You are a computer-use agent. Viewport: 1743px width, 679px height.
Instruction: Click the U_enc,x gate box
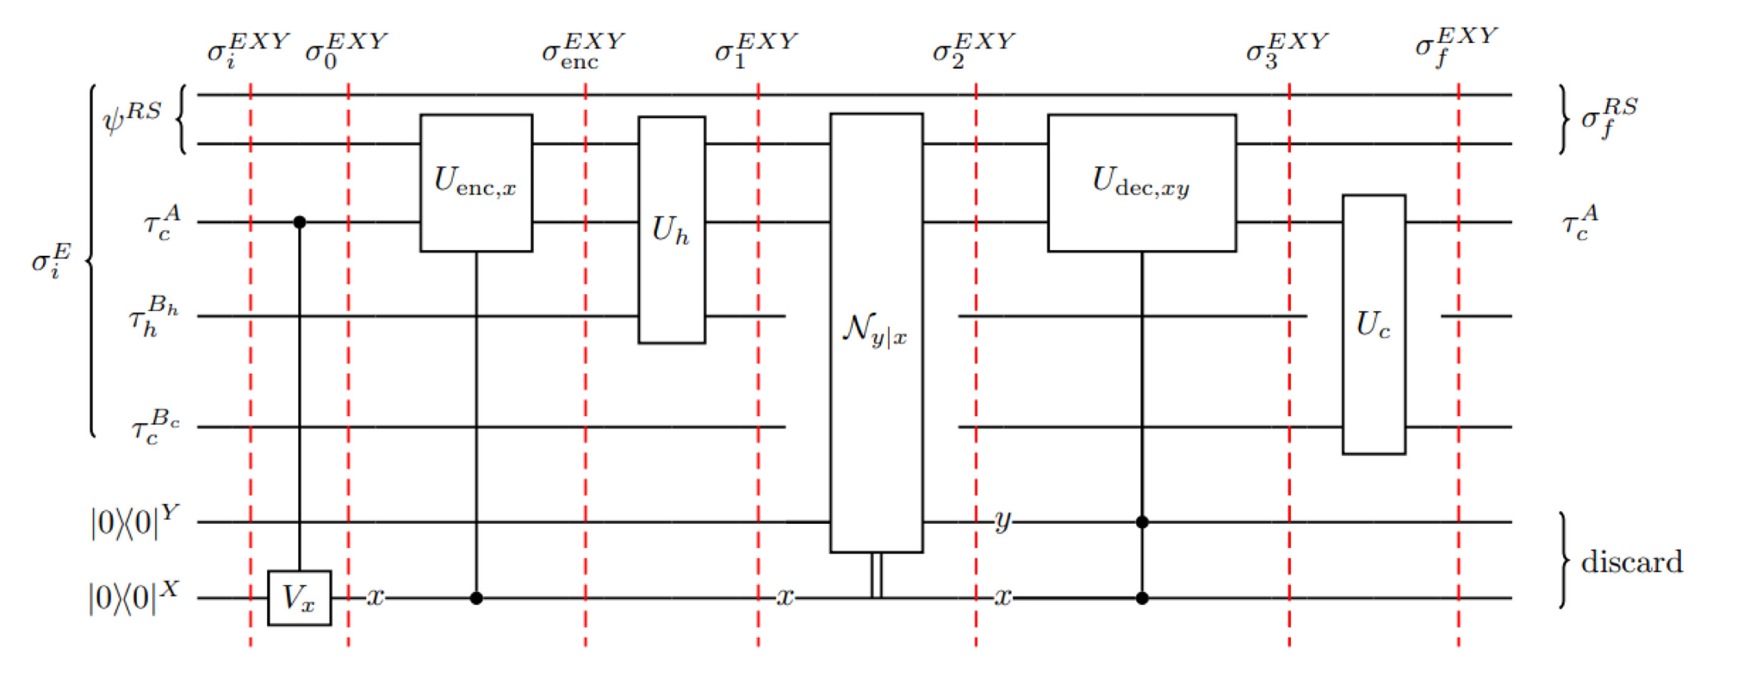[475, 183]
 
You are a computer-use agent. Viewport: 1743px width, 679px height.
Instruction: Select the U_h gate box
[671, 230]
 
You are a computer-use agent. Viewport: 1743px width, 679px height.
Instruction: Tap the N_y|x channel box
[876, 332]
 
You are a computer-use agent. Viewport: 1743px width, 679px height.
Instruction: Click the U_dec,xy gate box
[1141, 183]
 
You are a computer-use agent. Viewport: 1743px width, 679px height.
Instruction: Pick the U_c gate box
[1373, 324]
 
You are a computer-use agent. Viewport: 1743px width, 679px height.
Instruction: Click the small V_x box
[299, 597]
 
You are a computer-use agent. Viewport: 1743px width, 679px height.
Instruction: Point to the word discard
[1631, 562]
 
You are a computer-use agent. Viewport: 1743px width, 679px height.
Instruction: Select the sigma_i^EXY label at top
[247, 50]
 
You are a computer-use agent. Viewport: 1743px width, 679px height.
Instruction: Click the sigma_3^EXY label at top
[1286, 50]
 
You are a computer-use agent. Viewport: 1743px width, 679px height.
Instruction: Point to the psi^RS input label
[132, 117]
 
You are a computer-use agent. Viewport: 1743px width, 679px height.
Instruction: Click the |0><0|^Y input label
[134, 521]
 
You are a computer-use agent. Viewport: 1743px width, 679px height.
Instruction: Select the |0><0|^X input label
[133, 596]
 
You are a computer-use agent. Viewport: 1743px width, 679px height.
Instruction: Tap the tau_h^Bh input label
[153, 316]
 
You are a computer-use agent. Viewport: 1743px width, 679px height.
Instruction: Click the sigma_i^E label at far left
[51, 260]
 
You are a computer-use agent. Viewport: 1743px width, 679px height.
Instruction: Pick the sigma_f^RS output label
[1608, 118]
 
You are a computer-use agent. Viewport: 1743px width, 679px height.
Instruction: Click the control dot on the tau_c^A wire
[299, 222]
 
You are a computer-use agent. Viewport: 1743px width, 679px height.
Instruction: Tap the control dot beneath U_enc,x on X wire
[475, 598]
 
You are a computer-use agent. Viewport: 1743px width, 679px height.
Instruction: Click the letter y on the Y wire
[1002, 521]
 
